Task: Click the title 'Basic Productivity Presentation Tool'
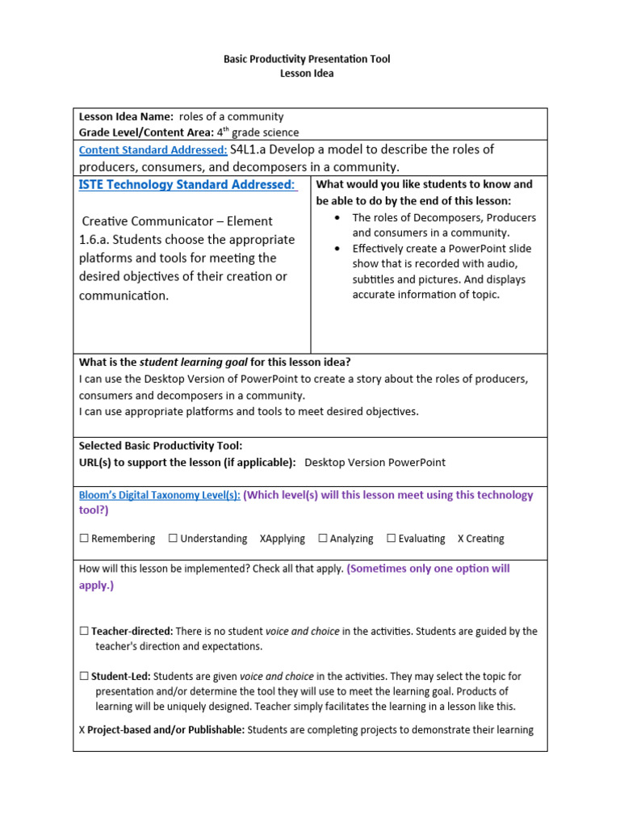click(307, 59)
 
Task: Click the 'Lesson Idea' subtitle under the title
click(307, 73)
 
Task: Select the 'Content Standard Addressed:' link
click(153, 150)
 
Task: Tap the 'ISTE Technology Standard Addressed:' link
click(187, 185)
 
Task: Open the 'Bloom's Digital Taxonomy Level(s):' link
click(159, 496)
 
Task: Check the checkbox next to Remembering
click(84, 539)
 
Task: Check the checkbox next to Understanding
click(173, 539)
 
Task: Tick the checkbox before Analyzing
click(322, 539)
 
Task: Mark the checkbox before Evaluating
click(391, 539)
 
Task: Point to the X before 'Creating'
click(461, 539)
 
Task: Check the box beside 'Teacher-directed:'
click(84, 632)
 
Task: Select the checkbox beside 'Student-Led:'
click(84, 677)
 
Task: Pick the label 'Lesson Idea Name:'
click(126, 117)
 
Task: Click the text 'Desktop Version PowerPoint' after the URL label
click(375, 463)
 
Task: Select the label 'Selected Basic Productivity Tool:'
click(160, 446)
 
